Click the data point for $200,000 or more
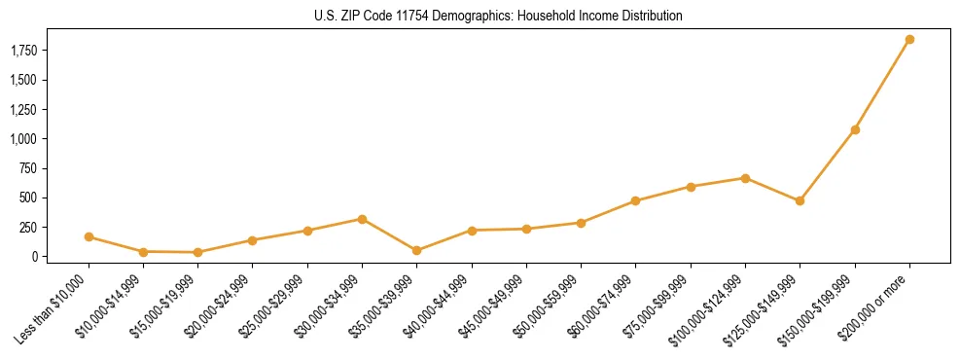pos(909,40)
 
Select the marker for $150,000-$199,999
pos(855,129)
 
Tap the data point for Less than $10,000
pos(89,236)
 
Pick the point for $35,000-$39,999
pos(417,250)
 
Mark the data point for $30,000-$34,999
pos(362,219)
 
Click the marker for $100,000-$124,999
pos(745,178)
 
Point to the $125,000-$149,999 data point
pos(800,201)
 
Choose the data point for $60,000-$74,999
pos(635,201)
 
